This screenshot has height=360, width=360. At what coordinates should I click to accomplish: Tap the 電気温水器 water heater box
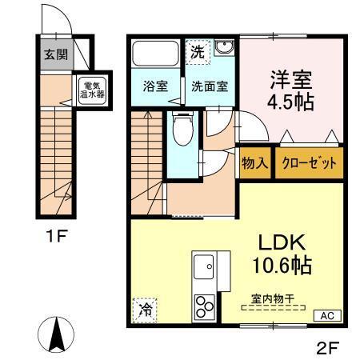pyautogui.click(x=86, y=90)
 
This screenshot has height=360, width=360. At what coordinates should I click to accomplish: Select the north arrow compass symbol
pyautogui.click(x=57, y=334)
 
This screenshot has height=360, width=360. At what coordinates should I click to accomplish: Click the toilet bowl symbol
pyautogui.click(x=182, y=128)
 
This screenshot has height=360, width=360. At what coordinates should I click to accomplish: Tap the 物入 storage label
pyautogui.click(x=254, y=163)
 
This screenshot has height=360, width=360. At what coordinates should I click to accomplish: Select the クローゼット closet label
pyautogui.click(x=308, y=163)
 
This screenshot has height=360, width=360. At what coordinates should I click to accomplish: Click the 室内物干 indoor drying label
pyautogui.click(x=274, y=298)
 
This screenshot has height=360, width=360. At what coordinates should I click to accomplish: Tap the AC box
pyautogui.click(x=328, y=315)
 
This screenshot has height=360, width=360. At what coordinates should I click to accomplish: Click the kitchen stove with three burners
pyautogui.click(x=202, y=306)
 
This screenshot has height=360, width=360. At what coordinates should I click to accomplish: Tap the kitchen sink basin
pyautogui.click(x=202, y=265)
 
